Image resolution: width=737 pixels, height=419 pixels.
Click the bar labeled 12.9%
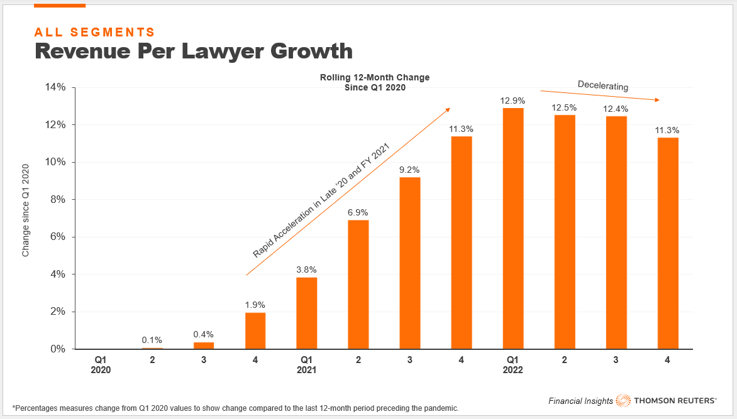(x=513, y=229)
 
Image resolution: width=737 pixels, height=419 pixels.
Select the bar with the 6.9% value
(x=358, y=285)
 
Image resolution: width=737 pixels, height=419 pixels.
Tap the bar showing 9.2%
(x=410, y=263)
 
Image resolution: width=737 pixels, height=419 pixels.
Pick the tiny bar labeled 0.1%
(x=152, y=348)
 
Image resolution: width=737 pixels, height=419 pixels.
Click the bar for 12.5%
(x=565, y=232)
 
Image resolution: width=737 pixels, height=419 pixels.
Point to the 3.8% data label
(x=307, y=270)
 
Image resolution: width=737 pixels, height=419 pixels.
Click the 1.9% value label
(x=255, y=305)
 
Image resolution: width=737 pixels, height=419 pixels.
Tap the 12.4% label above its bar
(x=616, y=109)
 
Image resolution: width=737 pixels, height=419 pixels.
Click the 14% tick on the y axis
(x=55, y=87)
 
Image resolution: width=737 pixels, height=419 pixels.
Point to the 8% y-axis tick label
(x=58, y=200)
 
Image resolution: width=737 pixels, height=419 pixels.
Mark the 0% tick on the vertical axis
(x=58, y=349)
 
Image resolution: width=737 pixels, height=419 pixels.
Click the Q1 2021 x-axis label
(x=307, y=366)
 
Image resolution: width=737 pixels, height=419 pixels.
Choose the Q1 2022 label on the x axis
(x=513, y=366)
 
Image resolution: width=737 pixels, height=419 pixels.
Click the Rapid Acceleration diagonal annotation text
(x=321, y=200)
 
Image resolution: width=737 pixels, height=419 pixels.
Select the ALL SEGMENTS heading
(x=94, y=31)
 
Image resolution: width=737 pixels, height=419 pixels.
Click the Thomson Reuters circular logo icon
(x=623, y=400)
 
